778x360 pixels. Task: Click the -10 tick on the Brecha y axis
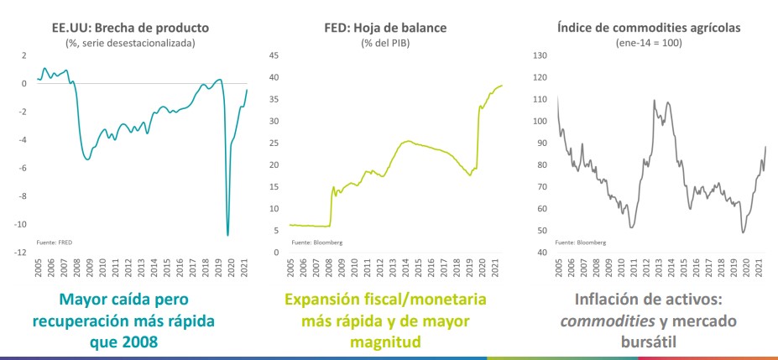tap(19, 224)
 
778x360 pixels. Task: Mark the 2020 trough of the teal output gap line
tap(227, 235)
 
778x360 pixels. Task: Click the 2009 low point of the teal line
tap(88, 159)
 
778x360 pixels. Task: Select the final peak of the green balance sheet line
tap(502, 85)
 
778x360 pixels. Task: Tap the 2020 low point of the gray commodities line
tap(744, 232)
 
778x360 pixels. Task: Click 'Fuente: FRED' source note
tap(53, 242)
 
